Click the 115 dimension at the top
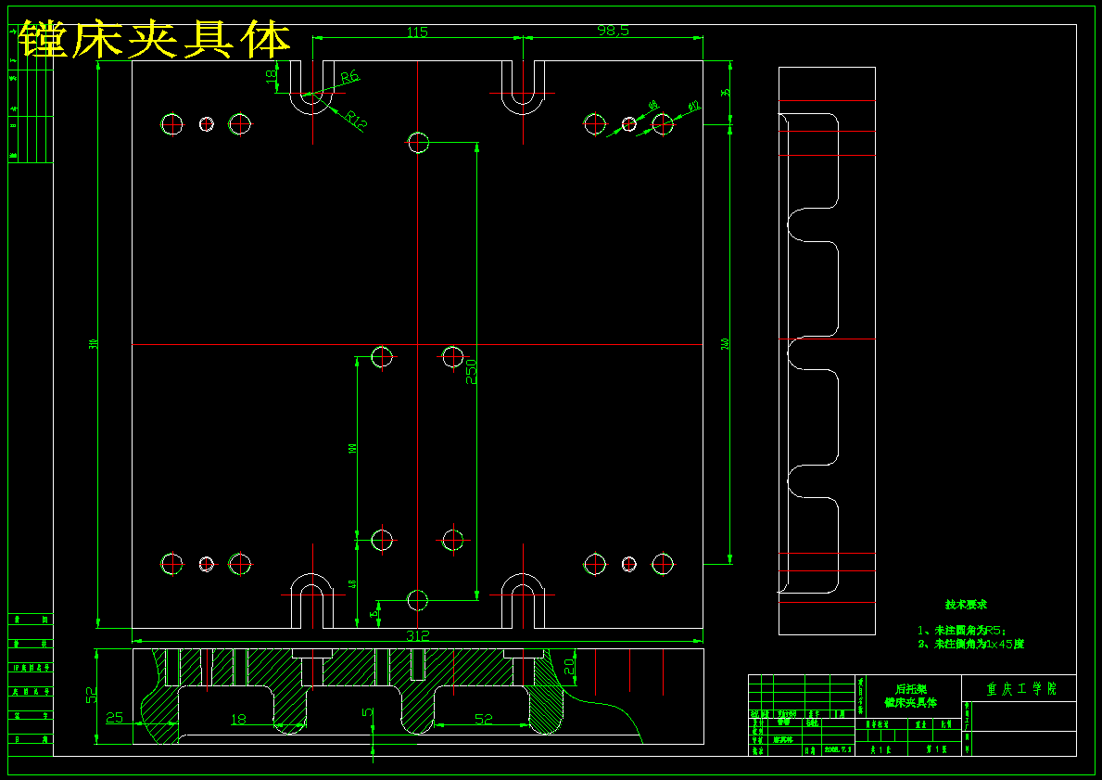[x=417, y=32]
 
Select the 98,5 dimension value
[x=613, y=31]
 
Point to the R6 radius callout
[x=349, y=78]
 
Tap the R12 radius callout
[x=357, y=119]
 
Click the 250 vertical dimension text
[x=471, y=372]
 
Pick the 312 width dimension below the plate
[x=418, y=636]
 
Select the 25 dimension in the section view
[x=115, y=717]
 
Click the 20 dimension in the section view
[x=569, y=664]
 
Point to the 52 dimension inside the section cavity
[x=483, y=719]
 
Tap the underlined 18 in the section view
[x=238, y=719]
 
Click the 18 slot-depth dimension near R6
[x=272, y=78]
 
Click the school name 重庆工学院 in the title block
[x=1020, y=689]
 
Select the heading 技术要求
[x=966, y=605]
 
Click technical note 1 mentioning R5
[x=961, y=630]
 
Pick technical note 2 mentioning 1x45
[x=970, y=644]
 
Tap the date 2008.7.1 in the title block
[x=837, y=749]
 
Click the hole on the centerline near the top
[x=418, y=142]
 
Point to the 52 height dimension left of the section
[x=91, y=696]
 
